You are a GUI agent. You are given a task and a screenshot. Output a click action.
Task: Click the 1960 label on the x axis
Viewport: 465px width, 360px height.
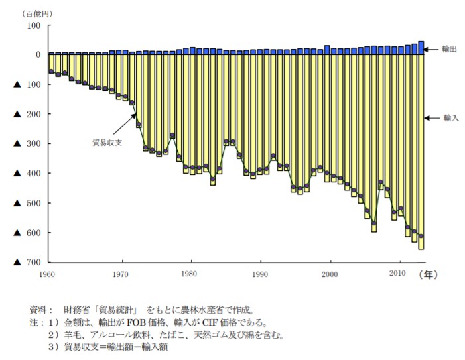tap(46, 274)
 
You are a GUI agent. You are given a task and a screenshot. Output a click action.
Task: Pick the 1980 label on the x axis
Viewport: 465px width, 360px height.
tap(190, 274)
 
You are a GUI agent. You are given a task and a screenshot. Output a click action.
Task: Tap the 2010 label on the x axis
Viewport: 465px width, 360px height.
tap(397, 274)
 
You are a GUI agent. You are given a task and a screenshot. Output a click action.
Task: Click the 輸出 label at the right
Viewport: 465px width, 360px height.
tap(450, 49)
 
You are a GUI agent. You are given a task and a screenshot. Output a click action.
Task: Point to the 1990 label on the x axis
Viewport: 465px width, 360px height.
tap(261, 274)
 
